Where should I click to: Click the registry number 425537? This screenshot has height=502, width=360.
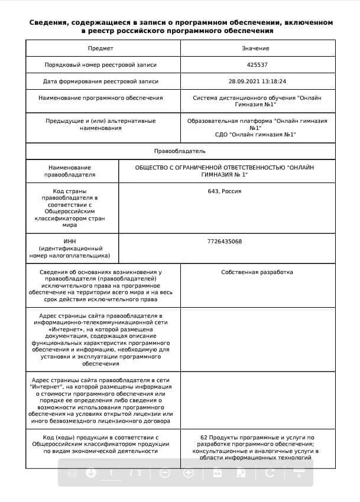[x=257, y=64]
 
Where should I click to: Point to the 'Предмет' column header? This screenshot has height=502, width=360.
[x=100, y=48]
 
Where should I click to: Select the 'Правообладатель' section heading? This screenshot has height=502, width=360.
[x=180, y=151]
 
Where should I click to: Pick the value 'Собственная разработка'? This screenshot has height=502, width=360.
[x=257, y=272]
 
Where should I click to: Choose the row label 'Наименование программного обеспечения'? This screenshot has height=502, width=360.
[x=100, y=98]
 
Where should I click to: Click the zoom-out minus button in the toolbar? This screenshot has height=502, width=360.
[x=165, y=472]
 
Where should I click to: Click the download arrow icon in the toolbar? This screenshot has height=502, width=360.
[x=91, y=472]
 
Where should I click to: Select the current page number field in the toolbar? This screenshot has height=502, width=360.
[x=110, y=472]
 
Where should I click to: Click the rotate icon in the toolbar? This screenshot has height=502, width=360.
[x=270, y=472]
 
